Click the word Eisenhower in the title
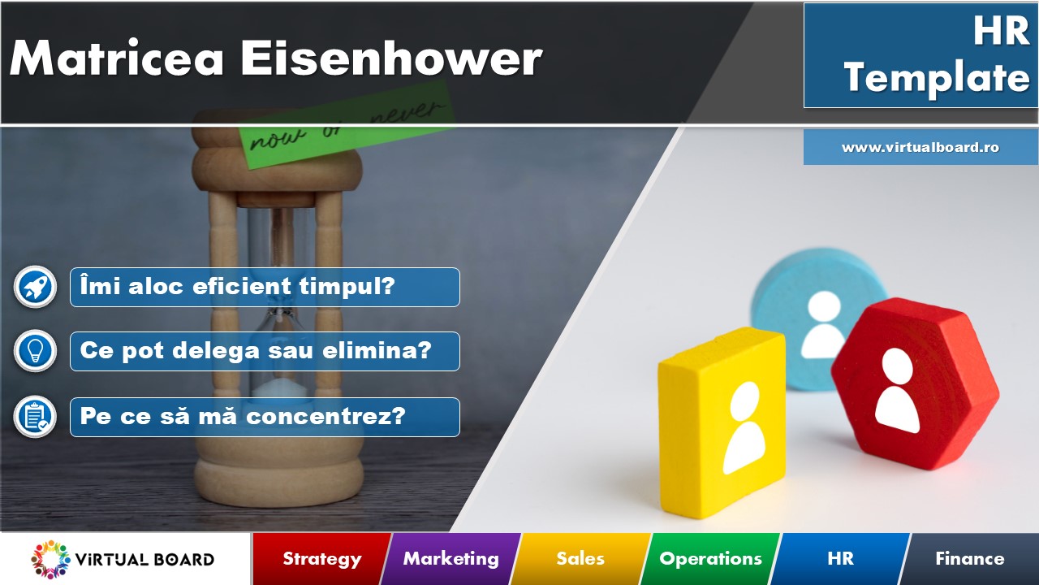[x=391, y=58]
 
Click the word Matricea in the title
[x=117, y=58]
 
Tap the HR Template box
[x=920, y=55]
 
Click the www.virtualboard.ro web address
[x=920, y=147]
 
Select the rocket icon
[x=35, y=287]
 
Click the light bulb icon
[x=35, y=351]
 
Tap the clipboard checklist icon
[x=35, y=417]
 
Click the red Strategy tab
[x=322, y=558]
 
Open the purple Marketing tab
[x=451, y=558]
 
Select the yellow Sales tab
[x=580, y=558]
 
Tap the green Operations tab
[x=710, y=558]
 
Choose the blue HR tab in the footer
[x=840, y=558]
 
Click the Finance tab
[x=969, y=558]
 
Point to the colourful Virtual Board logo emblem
[x=50, y=559]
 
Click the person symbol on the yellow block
[x=744, y=427]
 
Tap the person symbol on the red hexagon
[x=897, y=391]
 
